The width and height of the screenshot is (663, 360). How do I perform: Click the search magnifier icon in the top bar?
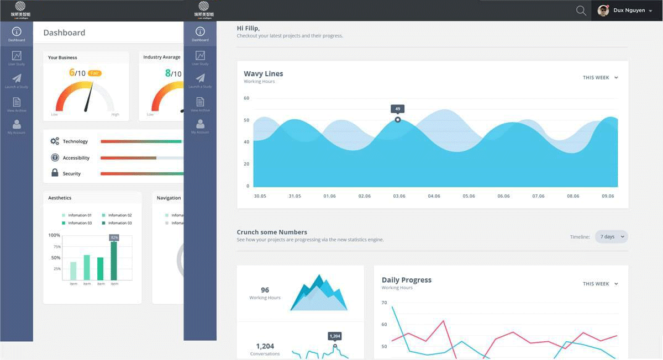coord(581,10)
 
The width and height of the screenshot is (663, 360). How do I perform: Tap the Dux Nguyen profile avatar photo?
coord(603,10)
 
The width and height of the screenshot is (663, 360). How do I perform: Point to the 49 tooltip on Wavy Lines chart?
coord(398,109)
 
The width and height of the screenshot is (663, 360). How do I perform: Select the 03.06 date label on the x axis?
coord(399,196)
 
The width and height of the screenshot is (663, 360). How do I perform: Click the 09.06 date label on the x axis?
coord(607,196)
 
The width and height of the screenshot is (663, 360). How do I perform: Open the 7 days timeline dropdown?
coord(611,237)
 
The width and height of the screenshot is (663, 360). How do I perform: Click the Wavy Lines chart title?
coord(264,73)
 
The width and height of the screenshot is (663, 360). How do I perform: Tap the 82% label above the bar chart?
coord(114,237)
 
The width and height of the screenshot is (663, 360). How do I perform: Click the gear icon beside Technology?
coord(55,141)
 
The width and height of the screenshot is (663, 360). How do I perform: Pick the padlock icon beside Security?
coord(55,173)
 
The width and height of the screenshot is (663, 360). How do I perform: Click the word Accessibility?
coord(76,158)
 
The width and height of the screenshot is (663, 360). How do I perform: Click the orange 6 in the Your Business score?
coord(72,72)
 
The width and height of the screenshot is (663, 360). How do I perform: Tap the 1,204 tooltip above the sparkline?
coord(335,336)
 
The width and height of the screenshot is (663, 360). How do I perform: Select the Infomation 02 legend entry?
coord(117,215)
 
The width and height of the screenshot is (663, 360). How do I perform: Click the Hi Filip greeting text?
coord(248,28)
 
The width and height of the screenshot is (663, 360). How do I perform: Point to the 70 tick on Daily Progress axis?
coord(384,303)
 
